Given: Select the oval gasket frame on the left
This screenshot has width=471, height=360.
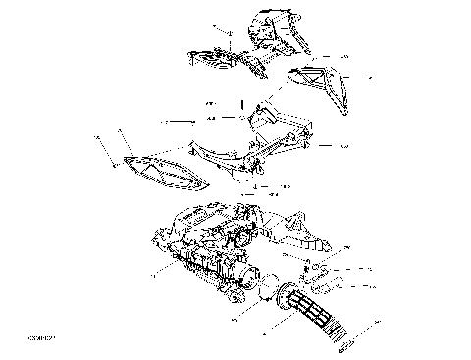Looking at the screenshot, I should tap(162, 172).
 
